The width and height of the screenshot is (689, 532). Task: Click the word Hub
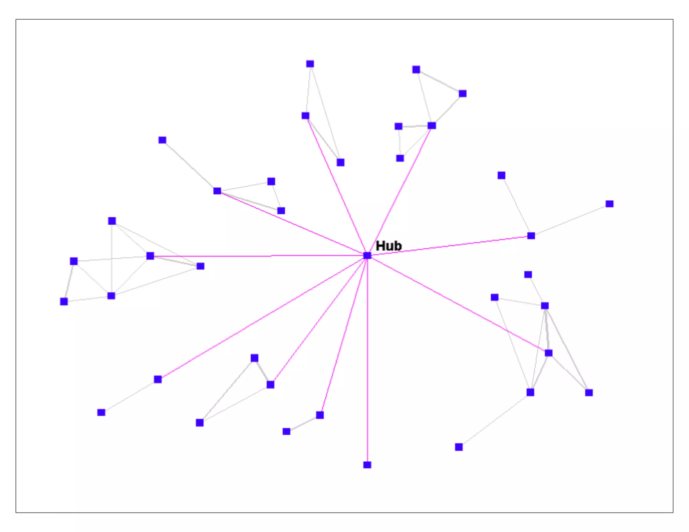pos(388,246)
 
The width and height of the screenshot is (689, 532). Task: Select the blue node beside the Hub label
pos(367,256)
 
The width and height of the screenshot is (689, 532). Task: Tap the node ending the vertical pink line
pos(367,465)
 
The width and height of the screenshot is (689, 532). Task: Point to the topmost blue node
pos(310,64)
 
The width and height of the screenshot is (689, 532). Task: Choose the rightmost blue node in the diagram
pos(609,204)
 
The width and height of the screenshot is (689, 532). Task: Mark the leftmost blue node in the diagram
pos(64,301)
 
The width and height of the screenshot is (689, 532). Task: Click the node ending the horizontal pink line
pos(150,256)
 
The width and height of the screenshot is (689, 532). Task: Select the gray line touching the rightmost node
pos(570,220)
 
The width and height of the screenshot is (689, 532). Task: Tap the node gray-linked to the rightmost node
pos(531,236)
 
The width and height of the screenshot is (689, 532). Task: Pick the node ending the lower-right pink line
pos(548,353)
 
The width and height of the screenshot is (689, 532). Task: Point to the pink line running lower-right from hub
pos(458,304)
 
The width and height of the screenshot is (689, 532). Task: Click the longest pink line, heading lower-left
pos(262,317)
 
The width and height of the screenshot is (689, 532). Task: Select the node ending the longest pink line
pos(158,379)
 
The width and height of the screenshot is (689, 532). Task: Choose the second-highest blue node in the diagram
pos(416,70)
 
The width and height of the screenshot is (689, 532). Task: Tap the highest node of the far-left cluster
pos(112,221)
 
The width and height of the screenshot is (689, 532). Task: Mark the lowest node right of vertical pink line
pos(459,447)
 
